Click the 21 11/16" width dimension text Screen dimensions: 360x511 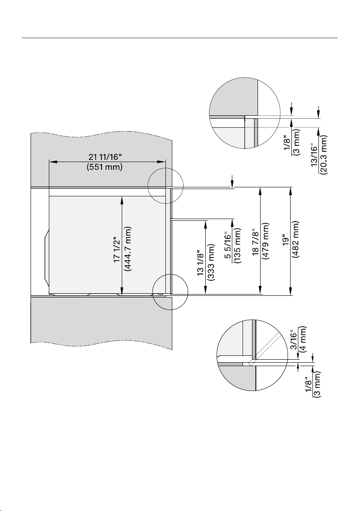(x=105, y=157)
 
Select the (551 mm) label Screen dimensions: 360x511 (x=105, y=167)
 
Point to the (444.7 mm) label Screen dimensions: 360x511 (x=127, y=249)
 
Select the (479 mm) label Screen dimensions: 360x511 (x=266, y=241)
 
